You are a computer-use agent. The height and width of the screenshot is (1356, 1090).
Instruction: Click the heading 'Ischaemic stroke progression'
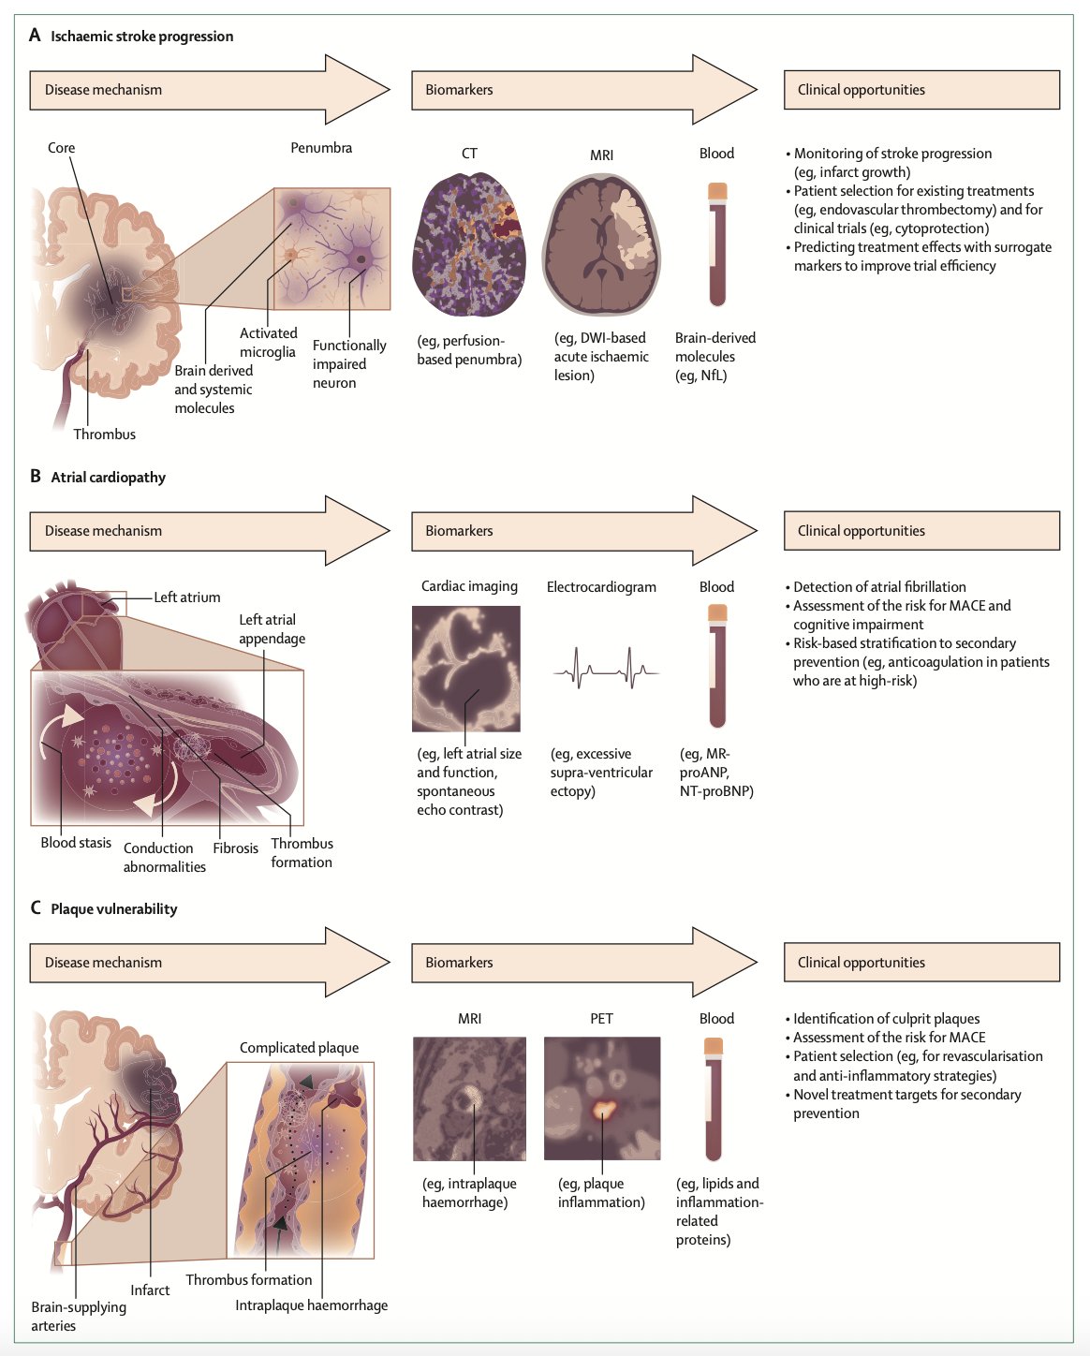[x=141, y=37]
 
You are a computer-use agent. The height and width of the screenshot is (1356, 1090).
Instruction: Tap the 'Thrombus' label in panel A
[x=105, y=435]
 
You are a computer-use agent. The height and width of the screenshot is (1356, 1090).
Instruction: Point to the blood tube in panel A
[x=717, y=244]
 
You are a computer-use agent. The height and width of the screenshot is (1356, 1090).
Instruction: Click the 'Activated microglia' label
[x=268, y=343]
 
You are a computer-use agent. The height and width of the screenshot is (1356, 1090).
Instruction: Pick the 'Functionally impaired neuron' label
[x=348, y=364]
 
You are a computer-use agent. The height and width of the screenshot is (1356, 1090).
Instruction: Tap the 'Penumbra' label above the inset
[x=321, y=148]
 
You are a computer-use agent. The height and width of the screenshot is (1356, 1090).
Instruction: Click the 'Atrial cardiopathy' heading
[x=108, y=478]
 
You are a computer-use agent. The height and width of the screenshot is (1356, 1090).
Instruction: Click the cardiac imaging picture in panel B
[x=466, y=669]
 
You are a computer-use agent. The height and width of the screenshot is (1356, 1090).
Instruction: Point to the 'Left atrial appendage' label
[x=272, y=629]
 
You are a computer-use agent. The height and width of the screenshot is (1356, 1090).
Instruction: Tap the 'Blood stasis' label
[x=76, y=843]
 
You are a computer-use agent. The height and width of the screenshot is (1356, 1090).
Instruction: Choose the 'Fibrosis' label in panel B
[x=235, y=848]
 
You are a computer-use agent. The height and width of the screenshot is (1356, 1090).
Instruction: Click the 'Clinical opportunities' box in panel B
[x=921, y=531]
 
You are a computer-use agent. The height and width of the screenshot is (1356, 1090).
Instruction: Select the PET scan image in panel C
[x=602, y=1098]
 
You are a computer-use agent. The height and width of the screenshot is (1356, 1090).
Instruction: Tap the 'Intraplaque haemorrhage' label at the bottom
[x=311, y=1305]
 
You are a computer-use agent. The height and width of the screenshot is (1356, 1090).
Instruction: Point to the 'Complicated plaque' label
[x=299, y=1048]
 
